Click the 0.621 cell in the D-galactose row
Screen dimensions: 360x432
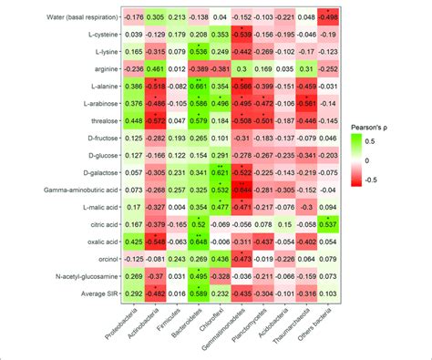(219, 172)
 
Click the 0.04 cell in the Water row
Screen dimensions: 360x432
(219, 18)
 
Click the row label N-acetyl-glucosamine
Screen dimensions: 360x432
(60, 275)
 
